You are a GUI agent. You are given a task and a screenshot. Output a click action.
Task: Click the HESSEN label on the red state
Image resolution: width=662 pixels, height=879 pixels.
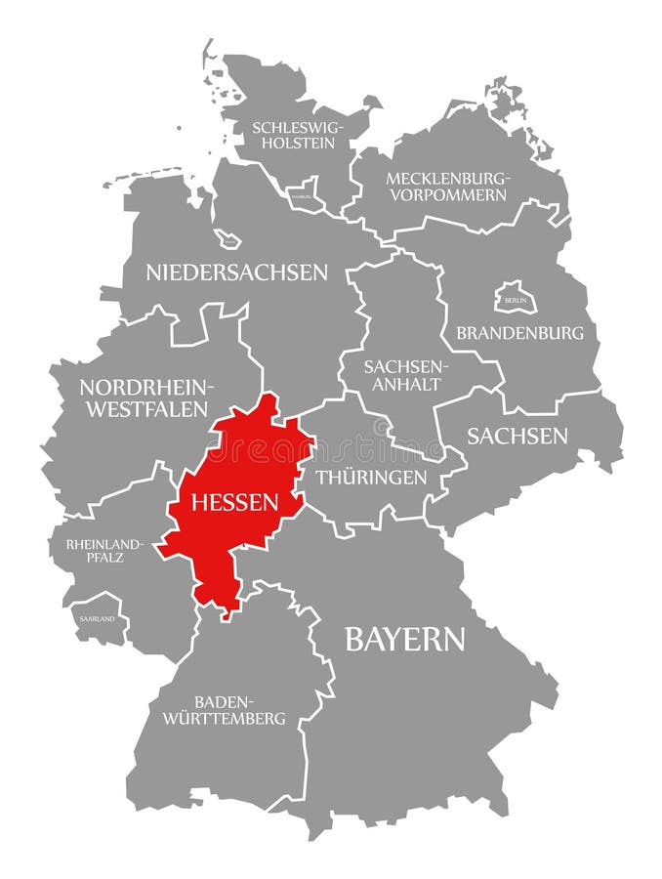point(235,503)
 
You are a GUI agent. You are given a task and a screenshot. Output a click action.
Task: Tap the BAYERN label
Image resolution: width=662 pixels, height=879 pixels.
point(405,640)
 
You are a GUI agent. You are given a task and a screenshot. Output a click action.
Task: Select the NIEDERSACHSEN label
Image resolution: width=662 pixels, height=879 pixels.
point(237,272)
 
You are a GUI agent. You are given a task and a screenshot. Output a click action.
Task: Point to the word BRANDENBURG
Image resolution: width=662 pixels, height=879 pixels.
point(519,333)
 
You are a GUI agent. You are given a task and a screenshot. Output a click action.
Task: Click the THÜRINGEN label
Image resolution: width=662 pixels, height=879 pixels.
point(371,478)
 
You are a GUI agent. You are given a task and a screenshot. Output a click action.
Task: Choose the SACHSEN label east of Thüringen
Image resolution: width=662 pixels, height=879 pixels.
point(517,436)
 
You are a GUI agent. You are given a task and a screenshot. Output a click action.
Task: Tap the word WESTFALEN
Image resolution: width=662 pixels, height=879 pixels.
point(146,409)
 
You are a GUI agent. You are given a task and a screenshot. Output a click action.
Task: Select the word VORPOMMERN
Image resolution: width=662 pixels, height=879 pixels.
point(448,195)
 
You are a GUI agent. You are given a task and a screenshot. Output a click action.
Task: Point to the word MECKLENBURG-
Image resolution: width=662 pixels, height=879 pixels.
point(448,178)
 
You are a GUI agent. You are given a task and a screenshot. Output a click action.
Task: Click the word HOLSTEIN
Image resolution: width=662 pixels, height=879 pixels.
point(293,144)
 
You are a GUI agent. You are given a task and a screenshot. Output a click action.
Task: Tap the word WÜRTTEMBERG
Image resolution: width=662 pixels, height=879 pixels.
point(239,719)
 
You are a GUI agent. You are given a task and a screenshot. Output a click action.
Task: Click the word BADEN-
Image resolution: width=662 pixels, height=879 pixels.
point(225,701)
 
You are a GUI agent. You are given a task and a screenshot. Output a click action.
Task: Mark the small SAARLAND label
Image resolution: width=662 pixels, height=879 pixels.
point(94,619)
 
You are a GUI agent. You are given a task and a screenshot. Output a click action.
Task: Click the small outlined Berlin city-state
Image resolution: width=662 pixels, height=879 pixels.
point(514,297)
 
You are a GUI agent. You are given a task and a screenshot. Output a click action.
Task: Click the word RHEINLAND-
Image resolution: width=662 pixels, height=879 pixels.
point(104,543)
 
